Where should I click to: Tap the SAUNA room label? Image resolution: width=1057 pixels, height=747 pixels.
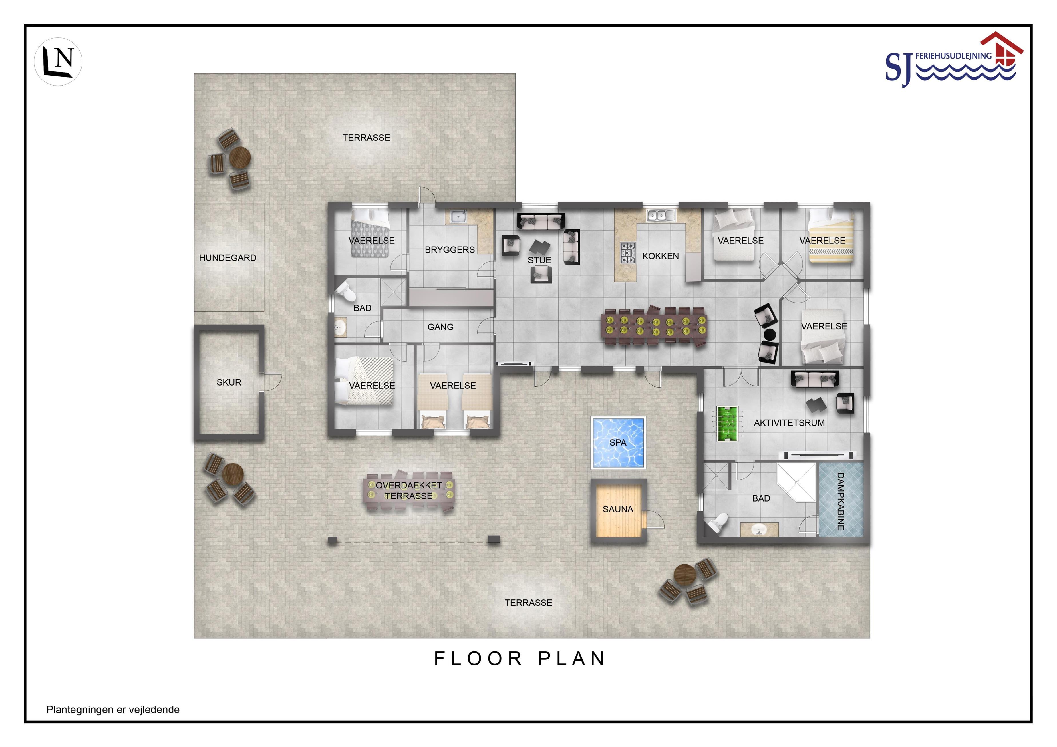click(x=618, y=509)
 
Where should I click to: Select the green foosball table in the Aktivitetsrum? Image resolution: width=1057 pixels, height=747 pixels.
click(x=727, y=424)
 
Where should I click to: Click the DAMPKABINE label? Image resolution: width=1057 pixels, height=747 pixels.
click(x=840, y=501)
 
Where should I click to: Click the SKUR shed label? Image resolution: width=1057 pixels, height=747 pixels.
click(x=229, y=382)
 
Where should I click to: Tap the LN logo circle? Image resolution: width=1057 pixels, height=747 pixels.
click(x=58, y=62)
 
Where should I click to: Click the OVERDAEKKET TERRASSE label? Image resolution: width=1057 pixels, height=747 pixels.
click(x=409, y=491)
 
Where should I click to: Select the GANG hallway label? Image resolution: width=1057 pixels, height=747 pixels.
click(x=441, y=327)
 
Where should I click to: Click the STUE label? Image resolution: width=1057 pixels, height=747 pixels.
click(x=540, y=260)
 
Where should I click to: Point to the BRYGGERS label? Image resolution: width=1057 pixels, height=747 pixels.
click(x=450, y=249)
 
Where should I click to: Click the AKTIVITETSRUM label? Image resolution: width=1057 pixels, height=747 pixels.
click(x=789, y=422)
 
